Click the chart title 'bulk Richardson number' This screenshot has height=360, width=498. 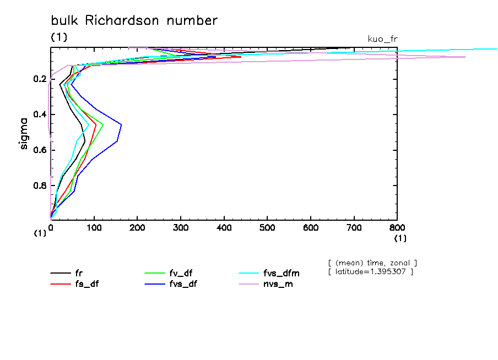134,21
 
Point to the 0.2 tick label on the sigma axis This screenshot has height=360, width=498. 39,79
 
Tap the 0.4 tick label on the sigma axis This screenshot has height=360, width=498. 39,114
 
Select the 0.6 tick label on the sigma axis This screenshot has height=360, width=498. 39,150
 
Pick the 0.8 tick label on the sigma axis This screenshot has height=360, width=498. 39,186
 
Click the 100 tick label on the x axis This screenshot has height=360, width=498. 94,227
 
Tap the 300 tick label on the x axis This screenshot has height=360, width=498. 181,227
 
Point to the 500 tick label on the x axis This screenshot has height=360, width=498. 267,227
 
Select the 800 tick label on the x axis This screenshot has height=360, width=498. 397,227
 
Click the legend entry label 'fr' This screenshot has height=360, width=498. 79,273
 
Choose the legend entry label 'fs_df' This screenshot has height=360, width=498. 87,284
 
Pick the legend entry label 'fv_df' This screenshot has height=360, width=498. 181,273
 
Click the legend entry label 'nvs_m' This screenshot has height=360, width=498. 277,284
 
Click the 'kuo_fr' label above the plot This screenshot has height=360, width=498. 382,39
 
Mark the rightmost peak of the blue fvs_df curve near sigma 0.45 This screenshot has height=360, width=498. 121,125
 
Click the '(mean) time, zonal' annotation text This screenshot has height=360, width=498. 372,263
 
